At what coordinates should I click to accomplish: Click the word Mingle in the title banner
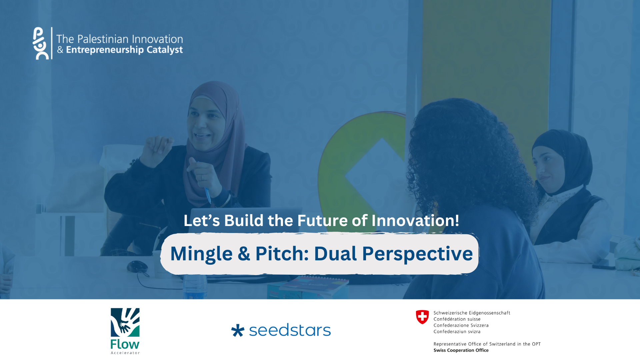(201, 254)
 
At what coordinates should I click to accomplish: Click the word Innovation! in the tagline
(415, 220)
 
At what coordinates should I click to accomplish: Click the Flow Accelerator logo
(125, 331)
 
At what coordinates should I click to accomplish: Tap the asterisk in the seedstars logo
(238, 330)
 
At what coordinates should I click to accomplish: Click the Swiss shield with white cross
(422, 317)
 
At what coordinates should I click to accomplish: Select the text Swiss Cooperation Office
(461, 350)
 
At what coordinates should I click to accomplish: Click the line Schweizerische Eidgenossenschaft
(472, 313)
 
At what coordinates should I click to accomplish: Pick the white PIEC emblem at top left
(41, 43)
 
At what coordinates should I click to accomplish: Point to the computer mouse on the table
(137, 266)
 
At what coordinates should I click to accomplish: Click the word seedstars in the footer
(290, 330)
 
